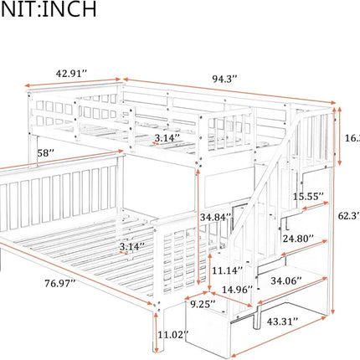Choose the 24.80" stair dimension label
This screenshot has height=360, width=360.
coord(300,238)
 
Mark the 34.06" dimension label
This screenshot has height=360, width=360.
coord(296,280)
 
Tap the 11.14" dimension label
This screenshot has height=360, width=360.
coord(227,270)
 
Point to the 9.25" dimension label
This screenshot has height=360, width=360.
coord(199,305)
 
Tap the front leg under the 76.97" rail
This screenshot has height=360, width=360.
coord(156,322)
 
